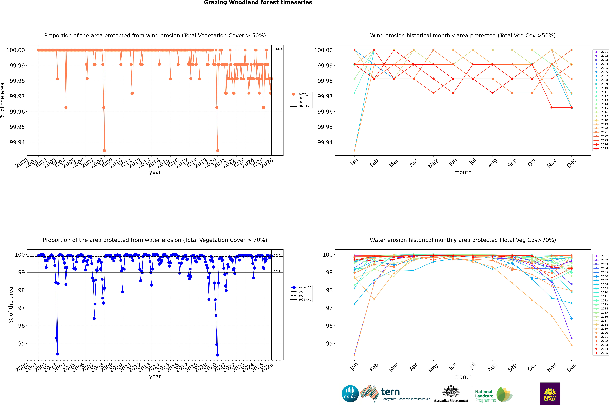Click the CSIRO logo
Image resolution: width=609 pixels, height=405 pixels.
(350, 394)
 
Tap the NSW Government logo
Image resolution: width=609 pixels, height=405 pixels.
(550, 394)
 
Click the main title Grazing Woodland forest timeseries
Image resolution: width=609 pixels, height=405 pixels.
(258, 3)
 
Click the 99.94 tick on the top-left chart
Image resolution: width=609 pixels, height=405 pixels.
(17, 142)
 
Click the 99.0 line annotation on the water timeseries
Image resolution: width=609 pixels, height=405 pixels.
(278, 271)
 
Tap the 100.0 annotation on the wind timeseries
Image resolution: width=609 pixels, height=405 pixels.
(278, 49)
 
